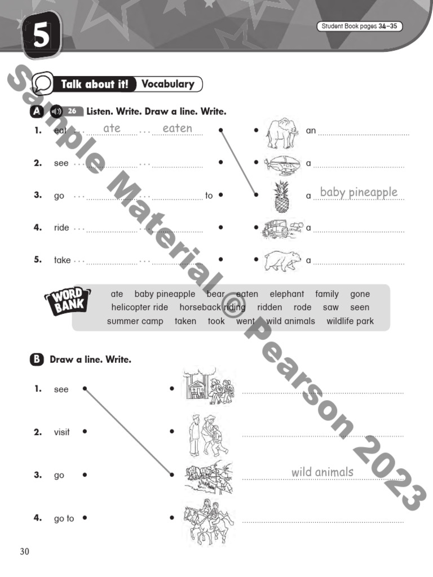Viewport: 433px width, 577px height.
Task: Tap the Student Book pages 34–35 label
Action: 360,26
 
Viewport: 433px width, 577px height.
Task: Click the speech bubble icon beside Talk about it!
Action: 42,85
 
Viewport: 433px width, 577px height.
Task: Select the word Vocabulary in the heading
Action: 167,84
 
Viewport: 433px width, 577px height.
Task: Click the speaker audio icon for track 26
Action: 55,111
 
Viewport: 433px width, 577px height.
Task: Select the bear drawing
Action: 282,260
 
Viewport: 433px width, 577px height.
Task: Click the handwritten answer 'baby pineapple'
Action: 359,192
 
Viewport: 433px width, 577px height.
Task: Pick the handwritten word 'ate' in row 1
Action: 112,128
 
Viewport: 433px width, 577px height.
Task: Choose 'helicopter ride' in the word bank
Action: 139,308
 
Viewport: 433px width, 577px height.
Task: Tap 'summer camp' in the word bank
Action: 135,321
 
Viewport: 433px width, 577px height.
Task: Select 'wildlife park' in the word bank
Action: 350,321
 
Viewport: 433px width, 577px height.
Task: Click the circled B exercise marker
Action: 37,359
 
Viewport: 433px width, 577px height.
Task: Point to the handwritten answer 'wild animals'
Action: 322,472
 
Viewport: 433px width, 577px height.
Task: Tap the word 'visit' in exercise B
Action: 62,432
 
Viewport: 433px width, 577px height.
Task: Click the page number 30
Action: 24,551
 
